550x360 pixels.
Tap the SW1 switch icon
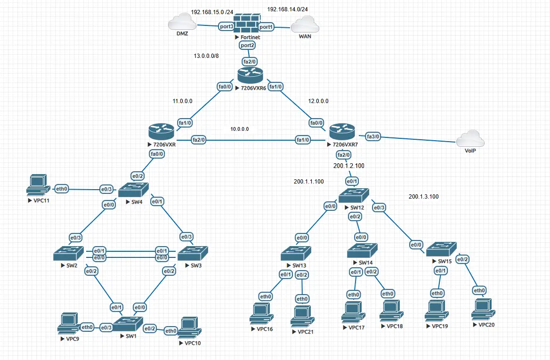(x=127, y=324)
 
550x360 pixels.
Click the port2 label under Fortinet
(x=247, y=45)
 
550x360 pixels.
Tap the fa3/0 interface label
(x=372, y=136)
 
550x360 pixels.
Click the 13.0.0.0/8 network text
(x=206, y=56)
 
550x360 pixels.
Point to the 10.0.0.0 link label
(x=240, y=129)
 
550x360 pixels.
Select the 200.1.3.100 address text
(x=424, y=197)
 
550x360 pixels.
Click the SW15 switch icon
(x=441, y=248)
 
